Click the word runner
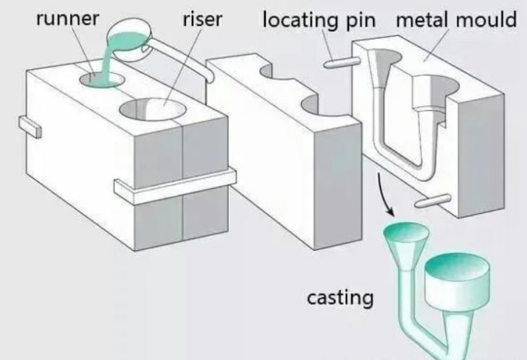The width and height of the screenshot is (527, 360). click(68, 18)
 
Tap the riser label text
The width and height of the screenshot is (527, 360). click(202, 19)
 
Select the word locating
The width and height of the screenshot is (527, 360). click(300, 20)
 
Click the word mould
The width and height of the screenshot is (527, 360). click(486, 19)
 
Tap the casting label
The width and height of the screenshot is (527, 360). click(340, 298)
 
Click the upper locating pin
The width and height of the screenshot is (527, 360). click(342, 63)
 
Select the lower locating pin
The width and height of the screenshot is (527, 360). click(433, 201)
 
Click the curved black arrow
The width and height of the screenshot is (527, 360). click(382, 194)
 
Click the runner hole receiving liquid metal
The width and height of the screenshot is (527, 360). click(102, 80)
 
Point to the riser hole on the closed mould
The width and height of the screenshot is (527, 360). click(153, 109)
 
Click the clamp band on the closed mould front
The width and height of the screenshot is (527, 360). click(175, 187)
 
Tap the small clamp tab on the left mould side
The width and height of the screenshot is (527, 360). click(30, 127)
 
